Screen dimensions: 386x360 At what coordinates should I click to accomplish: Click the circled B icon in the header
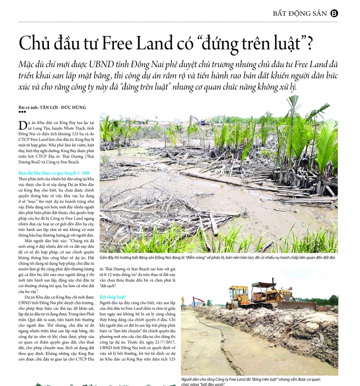click(335, 13)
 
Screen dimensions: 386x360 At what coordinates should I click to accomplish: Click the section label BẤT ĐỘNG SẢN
click(300, 13)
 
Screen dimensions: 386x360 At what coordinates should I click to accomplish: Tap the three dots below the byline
click(22, 112)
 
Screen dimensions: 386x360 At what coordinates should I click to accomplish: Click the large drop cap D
click(22, 125)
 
